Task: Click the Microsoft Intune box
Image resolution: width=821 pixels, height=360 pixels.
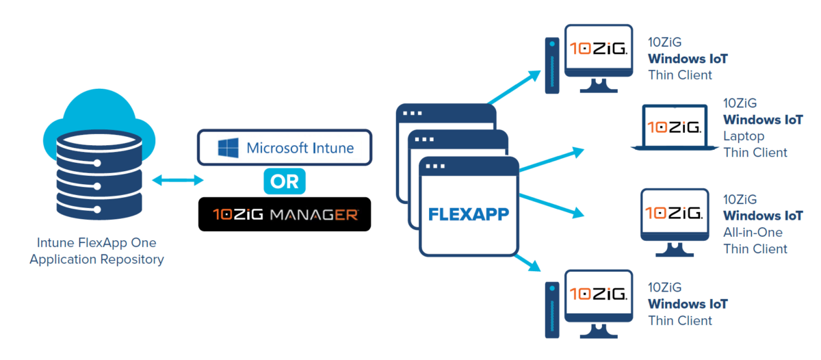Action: (x=284, y=148)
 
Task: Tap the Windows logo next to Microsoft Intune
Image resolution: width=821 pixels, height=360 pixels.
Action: (x=226, y=148)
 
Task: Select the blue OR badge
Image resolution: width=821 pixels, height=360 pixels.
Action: (x=284, y=181)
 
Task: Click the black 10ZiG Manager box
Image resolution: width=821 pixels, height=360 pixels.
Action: (x=284, y=214)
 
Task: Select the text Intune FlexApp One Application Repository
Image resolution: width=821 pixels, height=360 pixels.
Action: (x=96, y=251)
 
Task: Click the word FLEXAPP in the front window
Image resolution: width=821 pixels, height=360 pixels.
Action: (x=469, y=214)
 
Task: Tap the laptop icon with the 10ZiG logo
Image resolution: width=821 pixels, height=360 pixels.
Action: (x=674, y=127)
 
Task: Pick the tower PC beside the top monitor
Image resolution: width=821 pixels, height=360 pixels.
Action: (x=551, y=65)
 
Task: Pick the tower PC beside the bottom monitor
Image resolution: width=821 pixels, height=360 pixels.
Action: (x=551, y=309)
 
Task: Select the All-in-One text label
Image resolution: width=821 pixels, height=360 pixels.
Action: (x=753, y=232)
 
